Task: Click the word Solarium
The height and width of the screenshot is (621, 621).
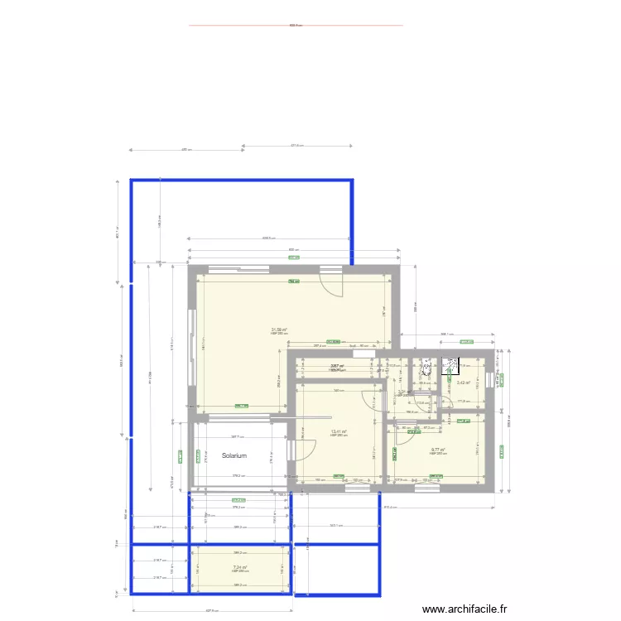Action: pyautogui.click(x=235, y=455)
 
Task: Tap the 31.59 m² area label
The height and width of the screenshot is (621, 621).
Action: pyautogui.click(x=279, y=330)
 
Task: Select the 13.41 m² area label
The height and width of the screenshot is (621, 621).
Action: pyautogui.click(x=339, y=431)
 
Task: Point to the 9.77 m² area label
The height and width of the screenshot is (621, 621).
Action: pyautogui.click(x=438, y=450)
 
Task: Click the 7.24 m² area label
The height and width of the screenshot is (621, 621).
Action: pyautogui.click(x=240, y=568)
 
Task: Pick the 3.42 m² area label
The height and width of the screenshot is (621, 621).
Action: pyautogui.click(x=464, y=383)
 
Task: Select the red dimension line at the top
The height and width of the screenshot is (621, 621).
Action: pyautogui.click(x=296, y=25)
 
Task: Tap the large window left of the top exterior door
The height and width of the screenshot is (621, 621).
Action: pyautogui.click(x=238, y=268)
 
